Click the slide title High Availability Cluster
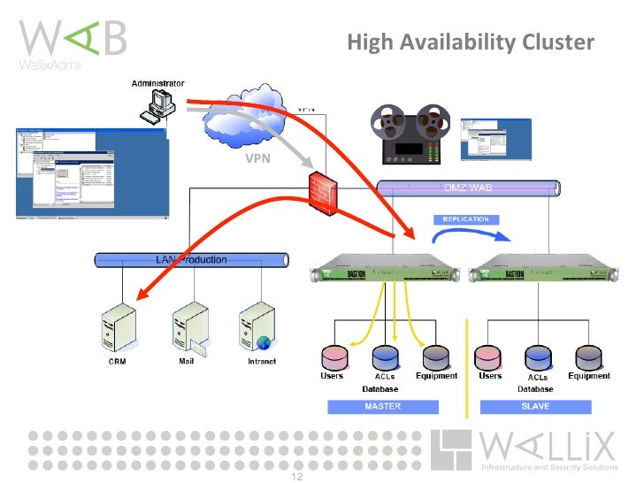pos(470,42)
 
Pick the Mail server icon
pos(190,327)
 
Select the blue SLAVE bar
pos(535,407)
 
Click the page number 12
pos(296,476)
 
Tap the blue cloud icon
pos(248,119)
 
